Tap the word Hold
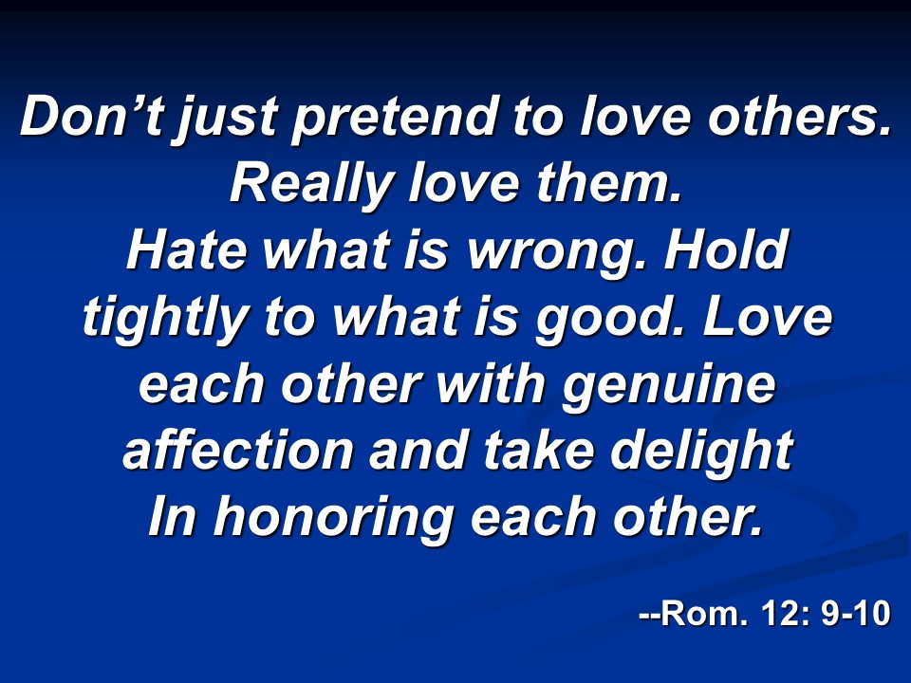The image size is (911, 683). (x=726, y=249)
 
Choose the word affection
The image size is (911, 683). (x=237, y=450)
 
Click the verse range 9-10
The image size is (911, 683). (x=856, y=613)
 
